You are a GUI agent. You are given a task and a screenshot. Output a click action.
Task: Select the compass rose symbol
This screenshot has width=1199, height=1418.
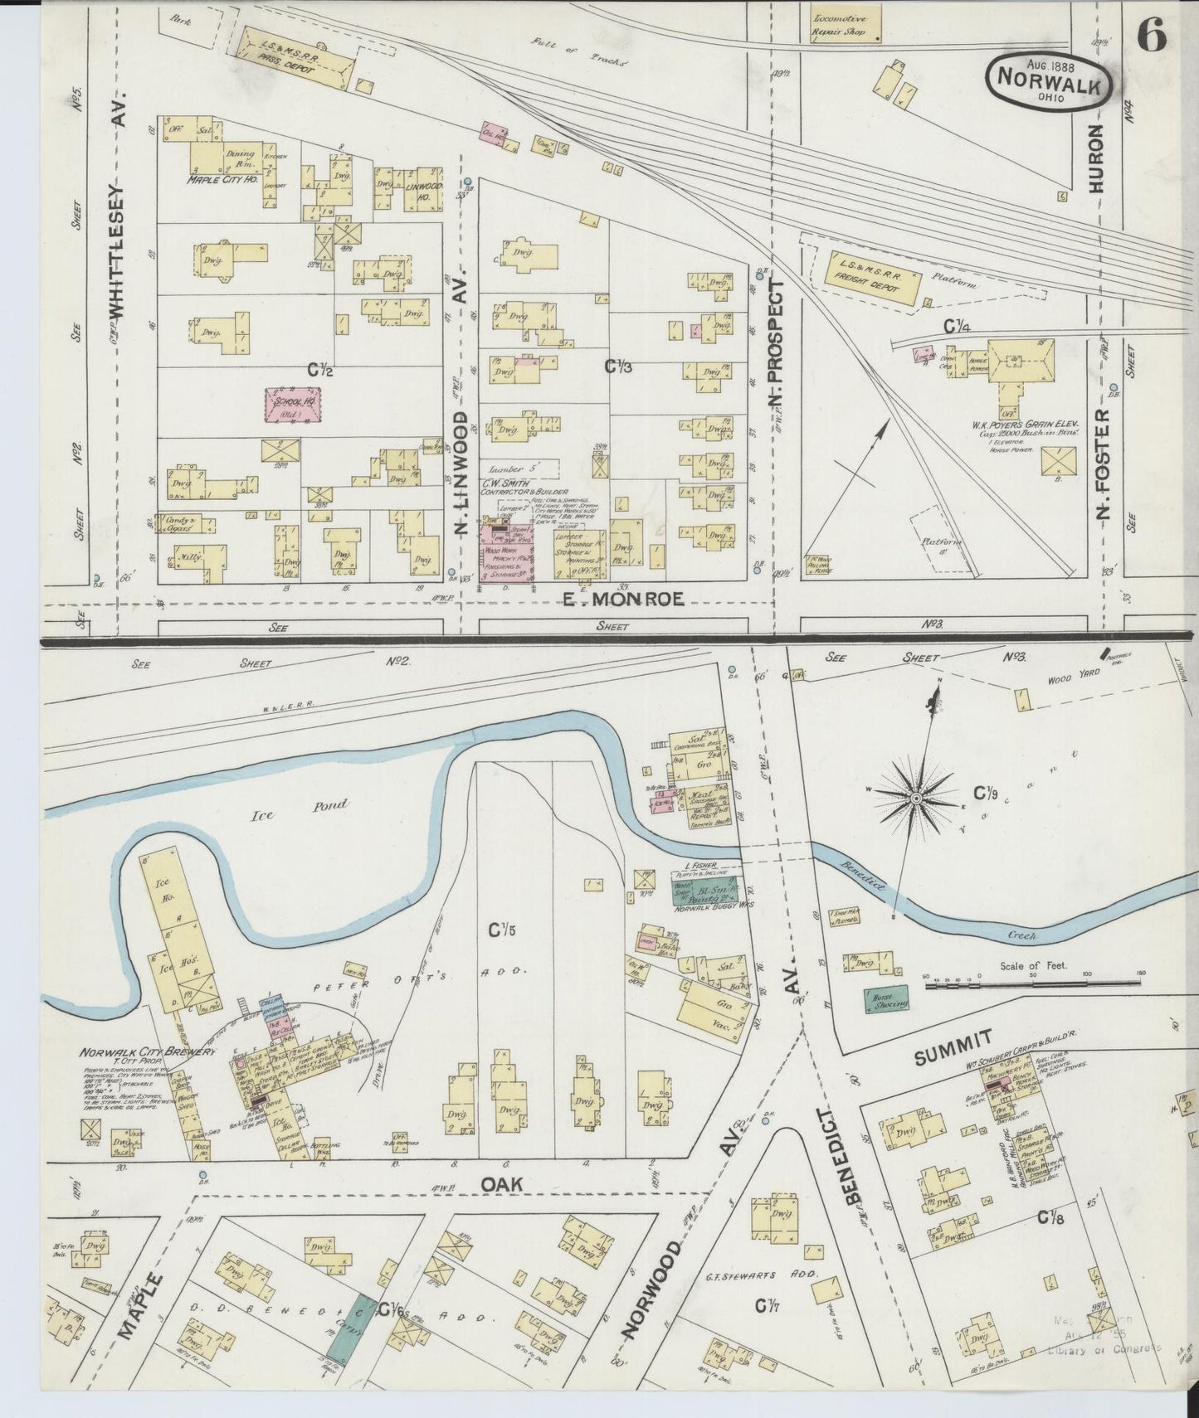point(916,797)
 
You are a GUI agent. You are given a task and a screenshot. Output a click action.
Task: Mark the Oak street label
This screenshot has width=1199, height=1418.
point(501,1185)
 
